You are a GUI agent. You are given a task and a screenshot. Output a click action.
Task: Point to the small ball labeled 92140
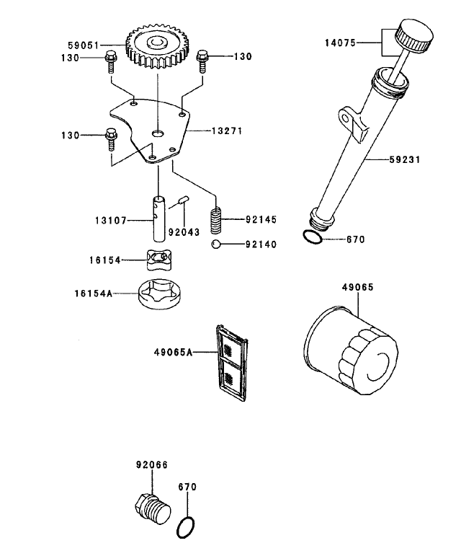(x=215, y=244)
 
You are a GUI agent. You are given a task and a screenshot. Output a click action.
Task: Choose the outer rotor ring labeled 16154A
(x=163, y=294)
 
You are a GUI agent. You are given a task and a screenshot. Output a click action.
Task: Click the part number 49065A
(x=173, y=353)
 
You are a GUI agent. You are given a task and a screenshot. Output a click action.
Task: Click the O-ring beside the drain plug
(x=187, y=527)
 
